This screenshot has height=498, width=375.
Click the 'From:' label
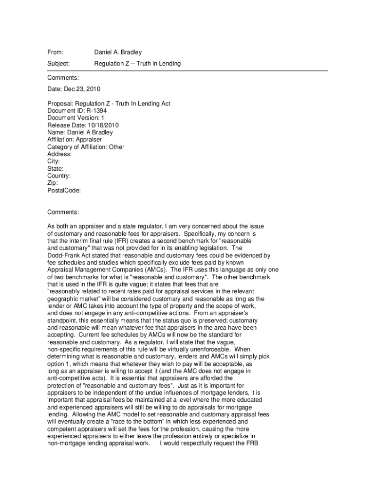tap(56, 52)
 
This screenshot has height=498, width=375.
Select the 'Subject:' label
tap(58, 64)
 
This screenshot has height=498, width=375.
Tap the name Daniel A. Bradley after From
tap(118, 52)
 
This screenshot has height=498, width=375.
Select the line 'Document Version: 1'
tap(75, 118)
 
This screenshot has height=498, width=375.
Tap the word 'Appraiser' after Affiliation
tap(88, 140)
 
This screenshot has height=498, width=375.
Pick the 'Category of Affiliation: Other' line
tap(86, 147)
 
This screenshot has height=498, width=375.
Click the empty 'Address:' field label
tap(59, 154)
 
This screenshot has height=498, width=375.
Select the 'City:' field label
tap(54, 161)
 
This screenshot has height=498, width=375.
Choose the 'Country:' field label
tap(59, 176)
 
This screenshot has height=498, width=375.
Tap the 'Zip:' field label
tap(53, 183)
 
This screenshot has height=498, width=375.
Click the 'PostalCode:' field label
tap(64, 190)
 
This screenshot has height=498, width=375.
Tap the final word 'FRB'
tap(251, 443)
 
